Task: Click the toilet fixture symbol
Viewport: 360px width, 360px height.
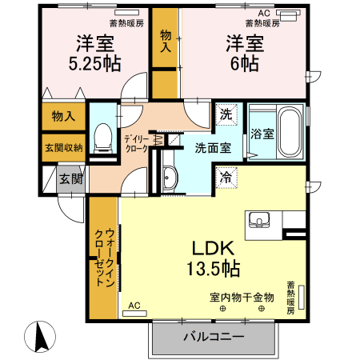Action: (102, 138)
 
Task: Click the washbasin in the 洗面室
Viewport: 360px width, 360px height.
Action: (170, 179)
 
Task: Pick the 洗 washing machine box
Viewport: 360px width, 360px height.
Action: (226, 114)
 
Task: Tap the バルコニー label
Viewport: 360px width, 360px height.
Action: (213, 336)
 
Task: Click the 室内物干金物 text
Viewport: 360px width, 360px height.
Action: (242, 297)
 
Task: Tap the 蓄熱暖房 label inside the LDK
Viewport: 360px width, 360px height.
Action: (291, 295)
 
